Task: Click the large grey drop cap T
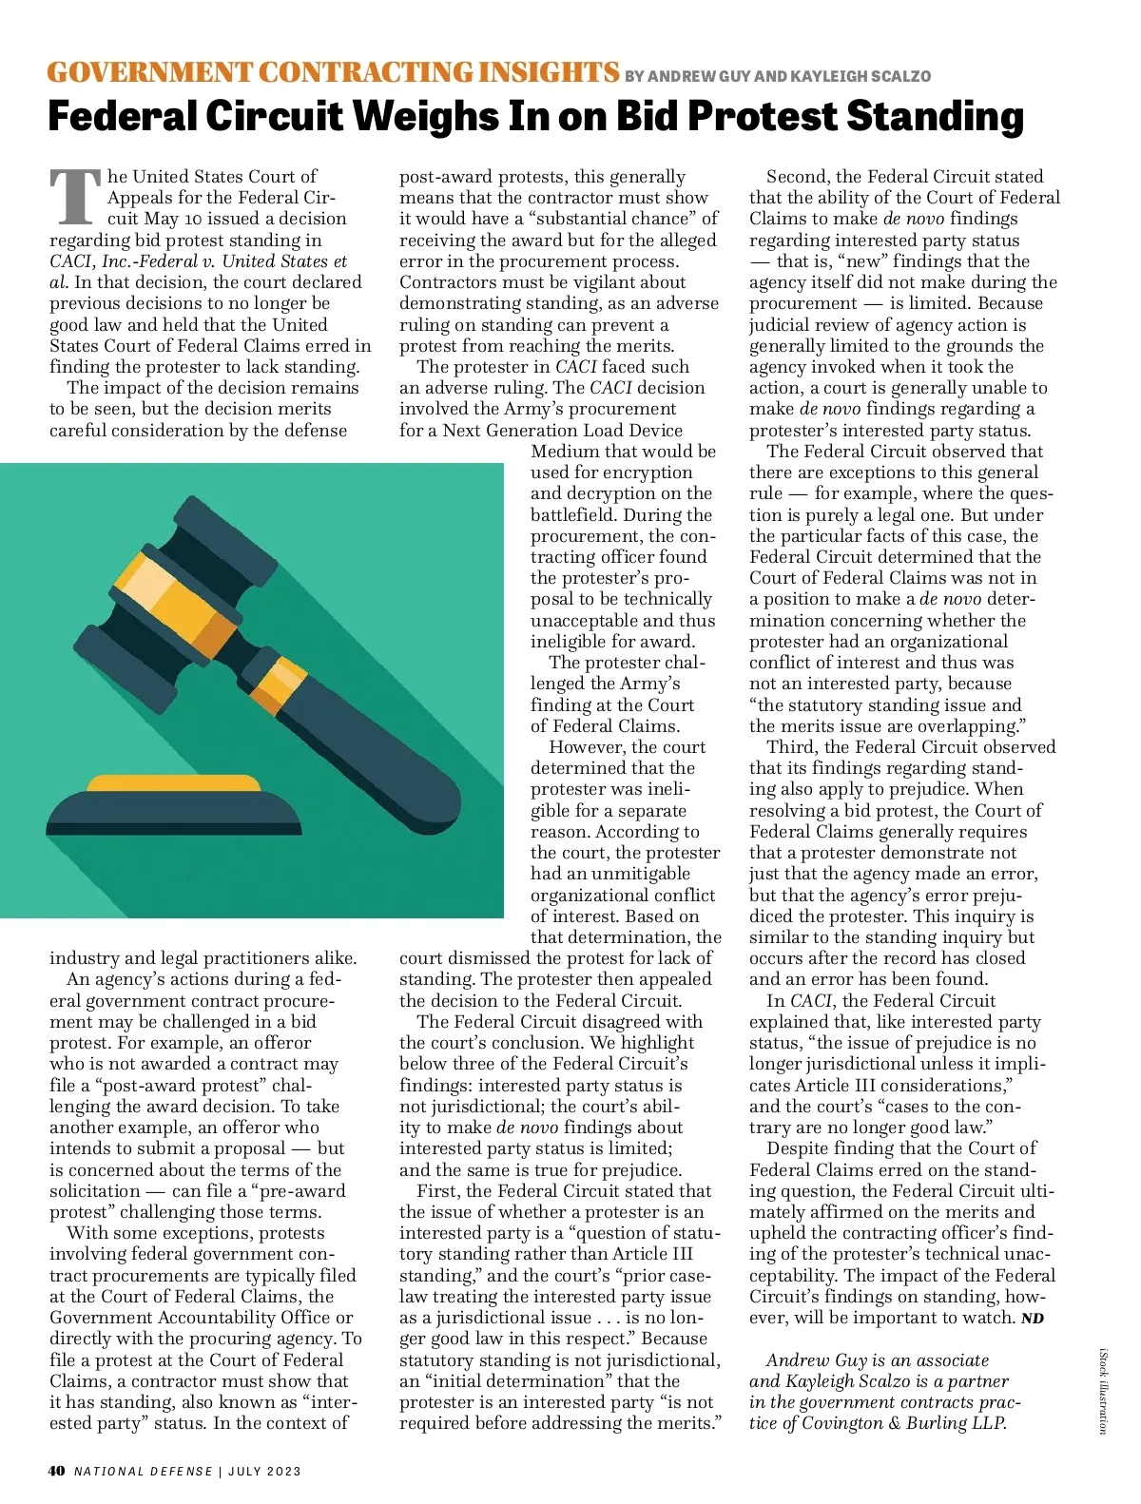[x=75, y=197]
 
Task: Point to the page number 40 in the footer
[x=56, y=1471]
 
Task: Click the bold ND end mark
[x=1033, y=1319]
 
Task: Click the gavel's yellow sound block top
[x=174, y=784]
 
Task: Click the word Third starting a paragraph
[x=791, y=747]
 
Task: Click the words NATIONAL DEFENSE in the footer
[x=144, y=1471]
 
